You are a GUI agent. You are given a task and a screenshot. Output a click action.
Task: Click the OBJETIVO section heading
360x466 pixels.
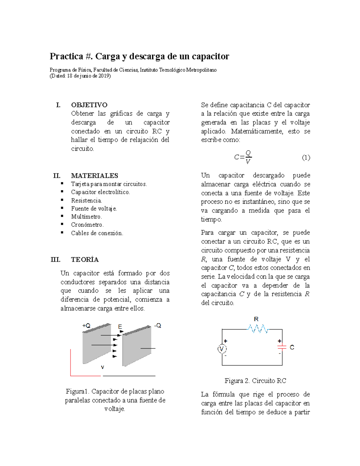[89, 105]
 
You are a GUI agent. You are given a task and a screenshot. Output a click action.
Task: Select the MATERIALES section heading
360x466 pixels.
[94, 176]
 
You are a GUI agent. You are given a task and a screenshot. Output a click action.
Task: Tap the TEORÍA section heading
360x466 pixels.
[85, 260]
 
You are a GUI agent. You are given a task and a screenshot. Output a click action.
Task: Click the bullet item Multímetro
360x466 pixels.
[86, 217]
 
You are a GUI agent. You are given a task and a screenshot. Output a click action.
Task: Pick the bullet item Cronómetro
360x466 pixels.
[87, 225]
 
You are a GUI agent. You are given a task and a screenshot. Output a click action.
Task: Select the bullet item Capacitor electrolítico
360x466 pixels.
[100, 192]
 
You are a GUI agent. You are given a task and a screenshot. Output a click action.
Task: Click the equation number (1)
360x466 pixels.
[306, 158]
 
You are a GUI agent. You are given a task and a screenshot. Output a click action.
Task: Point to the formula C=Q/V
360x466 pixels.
[243, 157]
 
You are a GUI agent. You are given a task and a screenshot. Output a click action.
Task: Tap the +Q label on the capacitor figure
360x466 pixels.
[86, 326]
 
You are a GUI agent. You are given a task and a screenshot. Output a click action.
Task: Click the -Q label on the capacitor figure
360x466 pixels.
[158, 326]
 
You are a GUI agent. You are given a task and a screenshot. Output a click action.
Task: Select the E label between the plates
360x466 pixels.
[120, 327]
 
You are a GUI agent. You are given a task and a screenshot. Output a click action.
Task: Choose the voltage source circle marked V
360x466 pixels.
[222, 349]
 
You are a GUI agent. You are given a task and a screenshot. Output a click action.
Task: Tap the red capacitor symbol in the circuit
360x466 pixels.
[282, 347]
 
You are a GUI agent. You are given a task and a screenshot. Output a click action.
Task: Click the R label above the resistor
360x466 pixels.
[256, 319]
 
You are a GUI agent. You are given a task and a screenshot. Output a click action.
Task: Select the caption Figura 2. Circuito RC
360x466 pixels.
[255, 381]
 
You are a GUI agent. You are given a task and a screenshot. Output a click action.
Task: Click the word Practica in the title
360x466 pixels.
[66, 56]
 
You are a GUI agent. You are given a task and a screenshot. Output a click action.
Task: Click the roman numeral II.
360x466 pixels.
[57, 176]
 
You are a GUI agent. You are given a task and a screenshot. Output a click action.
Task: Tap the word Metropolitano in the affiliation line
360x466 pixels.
[201, 70]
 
